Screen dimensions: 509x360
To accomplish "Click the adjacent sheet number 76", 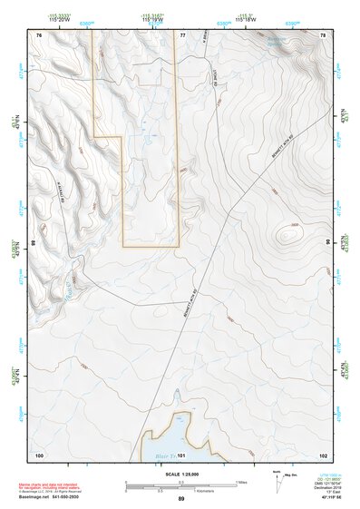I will pyautogui.click(x=39, y=34).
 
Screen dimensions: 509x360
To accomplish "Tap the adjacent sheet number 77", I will pyautogui.click(x=182, y=34).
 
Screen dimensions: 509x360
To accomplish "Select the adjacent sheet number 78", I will pyautogui.click(x=324, y=34).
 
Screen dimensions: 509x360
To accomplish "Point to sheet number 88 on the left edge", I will pyautogui.click(x=34, y=243).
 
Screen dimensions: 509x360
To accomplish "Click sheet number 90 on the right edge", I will pyautogui.click(x=327, y=243).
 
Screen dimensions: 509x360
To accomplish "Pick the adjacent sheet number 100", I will pyautogui.click(x=39, y=454).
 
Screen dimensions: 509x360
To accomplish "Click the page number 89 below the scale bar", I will pyautogui.click(x=180, y=498).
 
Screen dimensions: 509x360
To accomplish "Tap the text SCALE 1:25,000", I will pyautogui.click(x=180, y=474).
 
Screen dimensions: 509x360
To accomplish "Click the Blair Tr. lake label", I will pyautogui.click(x=164, y=454).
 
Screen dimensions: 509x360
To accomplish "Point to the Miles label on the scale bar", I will pyautogui.click(x=240, y=482).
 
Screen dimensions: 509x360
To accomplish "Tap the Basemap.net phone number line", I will pyautogui.click(x=52, y=498).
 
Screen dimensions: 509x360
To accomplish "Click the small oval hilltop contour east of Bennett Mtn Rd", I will pyautogui.click(x=289, y=233).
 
